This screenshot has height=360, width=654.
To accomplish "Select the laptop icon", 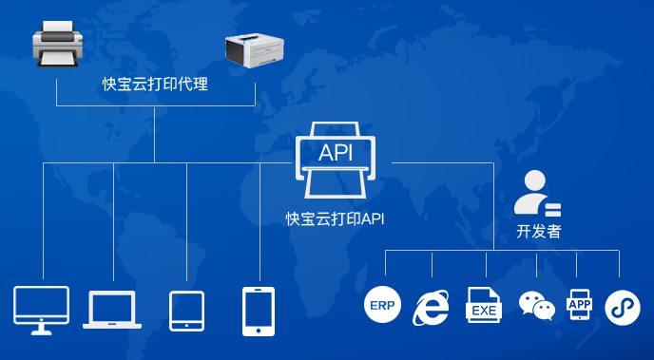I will click(x=112, y=310).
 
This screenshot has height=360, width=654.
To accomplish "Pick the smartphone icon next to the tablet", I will click(x=259, y=311).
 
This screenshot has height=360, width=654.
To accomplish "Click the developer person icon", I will click(x=536, y=193).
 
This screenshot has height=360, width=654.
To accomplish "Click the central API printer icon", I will click(x=336, y=160).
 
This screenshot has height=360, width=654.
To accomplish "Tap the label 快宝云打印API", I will click(x=336, y=218).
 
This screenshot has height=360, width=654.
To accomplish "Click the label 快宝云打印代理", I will click(x=155, y=84).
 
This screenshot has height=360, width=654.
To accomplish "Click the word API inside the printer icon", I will click(x=336, y=152).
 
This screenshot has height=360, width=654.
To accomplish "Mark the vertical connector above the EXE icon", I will click(x=486, y=265).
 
